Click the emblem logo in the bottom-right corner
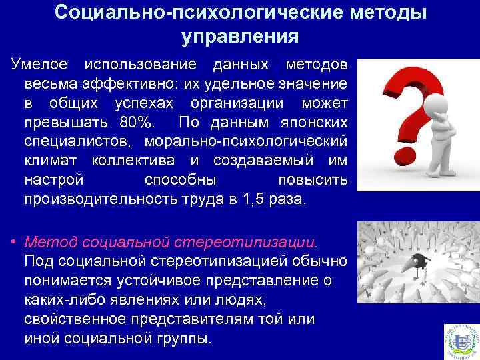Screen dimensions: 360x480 point(461,339)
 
